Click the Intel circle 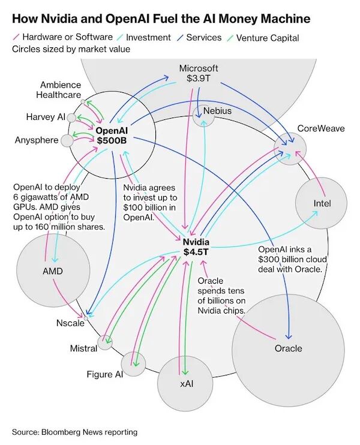(322, 204)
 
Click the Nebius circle (203, 116)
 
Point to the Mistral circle (105, 342)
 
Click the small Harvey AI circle (71, 118)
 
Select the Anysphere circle (67, 140)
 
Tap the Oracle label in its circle (289, 348)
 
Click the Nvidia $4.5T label (196, 246)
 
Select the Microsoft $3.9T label (199, 73)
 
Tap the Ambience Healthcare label (61, 90)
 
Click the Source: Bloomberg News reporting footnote (74, 432)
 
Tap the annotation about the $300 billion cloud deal (290, 260)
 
